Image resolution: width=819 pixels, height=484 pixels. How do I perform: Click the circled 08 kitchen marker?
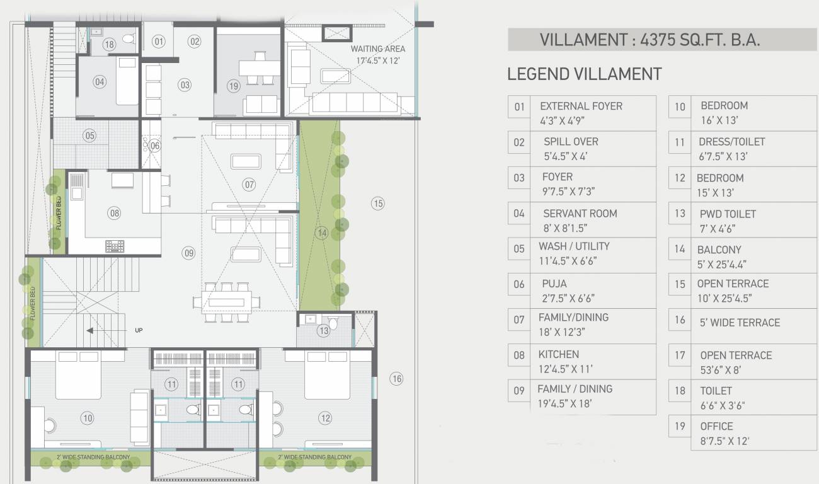114,213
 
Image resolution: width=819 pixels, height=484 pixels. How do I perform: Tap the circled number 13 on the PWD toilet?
323,331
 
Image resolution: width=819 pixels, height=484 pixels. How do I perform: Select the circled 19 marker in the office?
234,86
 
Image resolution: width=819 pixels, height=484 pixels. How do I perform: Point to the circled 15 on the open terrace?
377,203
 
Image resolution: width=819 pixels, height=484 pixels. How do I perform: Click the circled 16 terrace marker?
396,378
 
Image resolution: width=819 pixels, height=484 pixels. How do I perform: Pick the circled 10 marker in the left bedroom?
87,417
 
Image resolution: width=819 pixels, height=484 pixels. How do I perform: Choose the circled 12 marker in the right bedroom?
325,417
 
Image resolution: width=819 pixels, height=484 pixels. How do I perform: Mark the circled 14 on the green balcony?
322,233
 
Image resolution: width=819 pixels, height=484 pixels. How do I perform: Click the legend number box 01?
519,107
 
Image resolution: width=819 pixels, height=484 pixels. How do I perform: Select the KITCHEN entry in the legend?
558,354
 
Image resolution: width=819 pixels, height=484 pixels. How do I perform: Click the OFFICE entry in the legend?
716,426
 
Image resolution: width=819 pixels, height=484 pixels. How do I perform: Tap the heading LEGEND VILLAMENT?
584,74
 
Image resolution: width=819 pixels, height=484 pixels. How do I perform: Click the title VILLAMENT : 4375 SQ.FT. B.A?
650,40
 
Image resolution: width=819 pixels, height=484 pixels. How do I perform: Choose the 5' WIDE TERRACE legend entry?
740,322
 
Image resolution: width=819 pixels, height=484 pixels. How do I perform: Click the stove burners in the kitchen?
115,246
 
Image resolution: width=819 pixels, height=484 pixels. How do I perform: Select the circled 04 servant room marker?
99,81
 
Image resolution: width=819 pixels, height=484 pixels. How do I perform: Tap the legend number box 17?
680,355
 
